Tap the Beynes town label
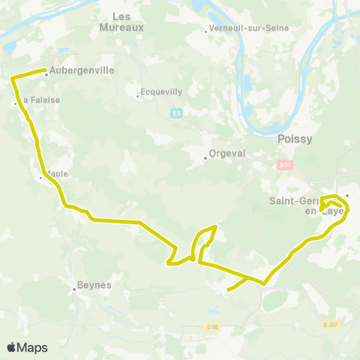click(x=96, y=285)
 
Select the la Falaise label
click(x=40, y=99)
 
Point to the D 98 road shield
click(x=213, y=326)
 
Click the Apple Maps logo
click(x=27, y=347)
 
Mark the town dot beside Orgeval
click(x=205, y=157)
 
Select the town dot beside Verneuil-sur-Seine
click(x=206, y=31)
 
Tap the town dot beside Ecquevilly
click(x=138, y=95)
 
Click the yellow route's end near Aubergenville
click(x=46, y=70)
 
